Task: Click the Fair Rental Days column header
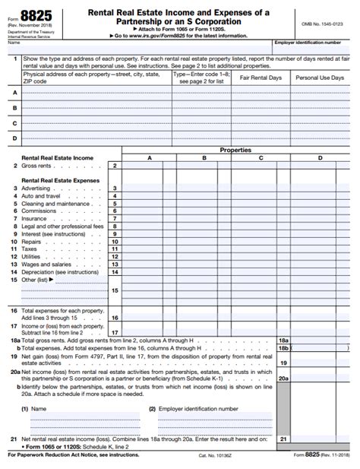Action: pos(261,78)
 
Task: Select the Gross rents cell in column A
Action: pos(149,165)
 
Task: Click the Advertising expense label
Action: pos(36,188)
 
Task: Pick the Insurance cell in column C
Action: pos(261,218)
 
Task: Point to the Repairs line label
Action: pos(33,241)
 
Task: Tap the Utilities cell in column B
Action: pos(204,256)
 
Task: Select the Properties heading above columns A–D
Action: pos(235,150)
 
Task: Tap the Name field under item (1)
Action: pos(80,418)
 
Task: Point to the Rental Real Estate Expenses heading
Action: pos(59,180)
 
